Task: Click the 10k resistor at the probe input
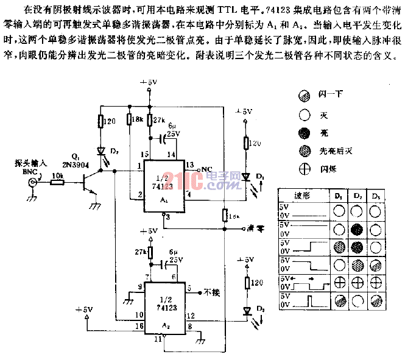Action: [56, 181]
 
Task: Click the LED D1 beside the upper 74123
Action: [245, 177]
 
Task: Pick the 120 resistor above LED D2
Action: [102, 122]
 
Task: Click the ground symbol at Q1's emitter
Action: [95, 207]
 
